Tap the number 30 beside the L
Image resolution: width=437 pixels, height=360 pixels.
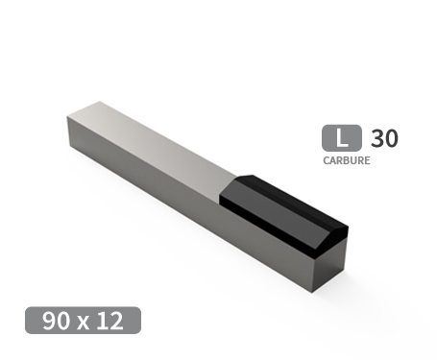click(x=383, y=138)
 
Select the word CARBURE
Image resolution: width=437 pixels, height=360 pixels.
click(x=346, y=161)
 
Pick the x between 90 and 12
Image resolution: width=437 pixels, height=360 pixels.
click(x=85, y=322)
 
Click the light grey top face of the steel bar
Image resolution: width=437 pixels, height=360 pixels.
click(x=154, y=139)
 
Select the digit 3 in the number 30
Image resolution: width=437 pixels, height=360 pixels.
click(x=376, y=138)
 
